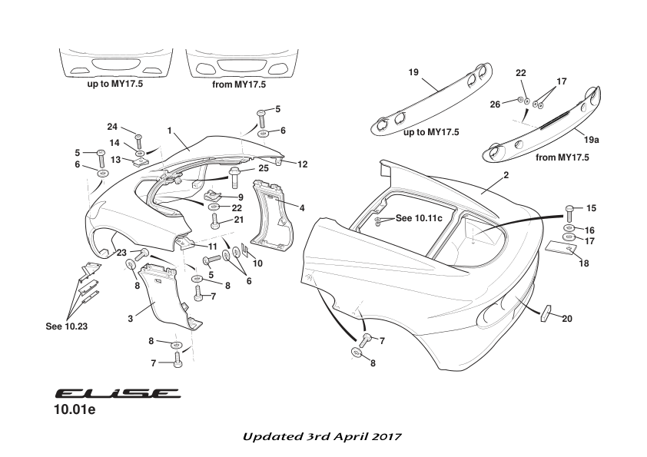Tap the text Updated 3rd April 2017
coord(321,436)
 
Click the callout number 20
coord(568,318)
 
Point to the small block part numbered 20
coord(546,313)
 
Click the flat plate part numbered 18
coord(559,248)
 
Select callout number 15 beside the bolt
coord(590,208)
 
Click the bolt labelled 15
coord(569,210)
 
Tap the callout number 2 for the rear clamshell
coord(506,176)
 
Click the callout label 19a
coord(590,141)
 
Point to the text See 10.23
coord(65,325)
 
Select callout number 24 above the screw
coord(111,127)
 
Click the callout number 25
coord(262,167)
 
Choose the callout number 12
coord(303,164)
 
